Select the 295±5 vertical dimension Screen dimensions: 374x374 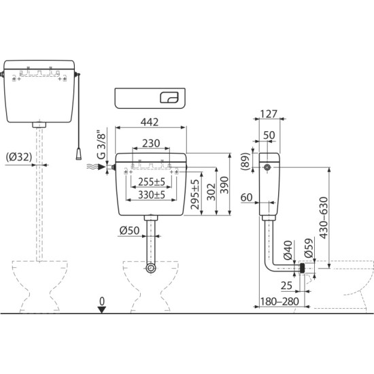point(195,194)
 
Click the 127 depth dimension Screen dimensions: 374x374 point(270,115)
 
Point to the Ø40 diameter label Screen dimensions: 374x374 point(288,251)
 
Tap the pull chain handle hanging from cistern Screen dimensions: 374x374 point(80,148)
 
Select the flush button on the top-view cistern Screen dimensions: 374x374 point(169,98)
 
